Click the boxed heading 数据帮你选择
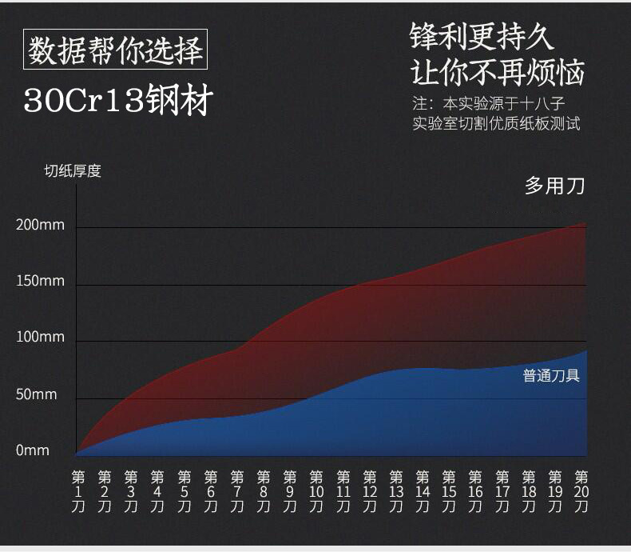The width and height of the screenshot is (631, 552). pos(115,50)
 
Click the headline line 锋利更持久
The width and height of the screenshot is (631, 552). pos(481,36)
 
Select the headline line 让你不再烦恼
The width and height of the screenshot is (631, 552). pos(497,73)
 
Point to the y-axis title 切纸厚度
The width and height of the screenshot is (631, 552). pos(72,170)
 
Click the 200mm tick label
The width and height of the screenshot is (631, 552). pos(40,225)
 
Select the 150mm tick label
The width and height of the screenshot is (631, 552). pos(40,282)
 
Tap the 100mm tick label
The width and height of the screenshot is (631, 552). pos(40,338)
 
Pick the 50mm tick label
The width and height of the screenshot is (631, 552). pos(37,394)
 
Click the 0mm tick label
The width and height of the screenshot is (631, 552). pos(33,450)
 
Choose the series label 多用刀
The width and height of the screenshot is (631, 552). pos(554,186)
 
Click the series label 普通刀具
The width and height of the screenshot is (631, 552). pos(551,375)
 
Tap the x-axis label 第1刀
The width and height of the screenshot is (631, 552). pos(78,491)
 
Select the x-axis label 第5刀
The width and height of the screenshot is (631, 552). pos(185,491)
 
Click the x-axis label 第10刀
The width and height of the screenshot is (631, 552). pos(316,491)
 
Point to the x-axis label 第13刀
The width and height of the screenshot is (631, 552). pos(396,491)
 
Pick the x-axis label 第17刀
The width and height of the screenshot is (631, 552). pos(502,491)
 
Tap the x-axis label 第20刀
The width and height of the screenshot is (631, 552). pos(581,491)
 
